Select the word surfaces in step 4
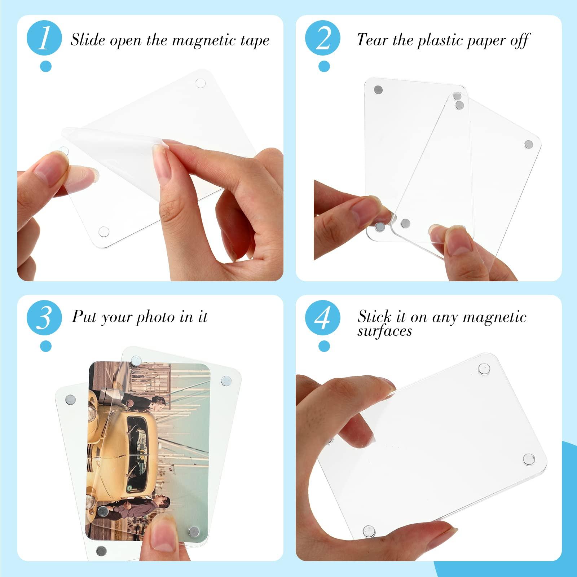point(384,331)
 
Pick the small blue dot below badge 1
point(46,66)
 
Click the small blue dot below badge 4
point(324,346)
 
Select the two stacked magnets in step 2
point(458,101)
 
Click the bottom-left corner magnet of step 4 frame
point(369,530)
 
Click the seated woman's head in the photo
point(158,400)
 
